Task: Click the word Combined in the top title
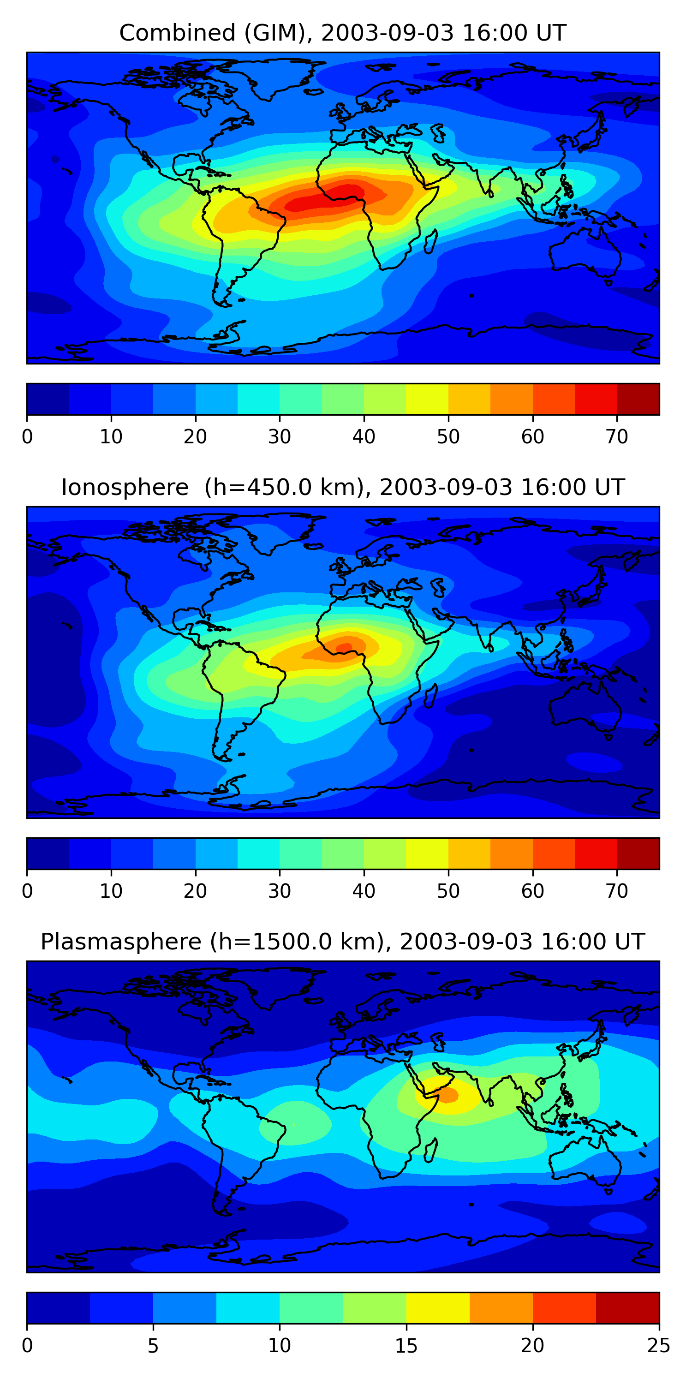pyautogui.click(x=177, y=33)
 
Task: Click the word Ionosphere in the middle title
pyautogui.click(x=125, y=487)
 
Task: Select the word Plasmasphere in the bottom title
pyautogui.click(x=120, y=942)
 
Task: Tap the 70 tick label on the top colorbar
pyautogui.click(x=617, y=437)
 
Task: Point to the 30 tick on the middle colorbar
pyautogui.click(x=280, y=891)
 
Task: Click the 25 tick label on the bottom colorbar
pyautogui.click(x=659, y=1346)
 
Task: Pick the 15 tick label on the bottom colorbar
pyautogui.click(x=406, y=1346)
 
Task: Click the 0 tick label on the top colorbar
pyautogui.click(x=27, y=437)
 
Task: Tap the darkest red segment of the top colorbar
pyautogui.click(x=638, y=399)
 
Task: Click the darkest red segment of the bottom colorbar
pyautogui.click(x=627, y=1308)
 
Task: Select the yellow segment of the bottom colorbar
pyautogui.click(x=438, y=1308)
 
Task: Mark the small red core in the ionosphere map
pyautogui.click(x=344, y=646)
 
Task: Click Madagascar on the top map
pyautogui.click(x=430, y=242)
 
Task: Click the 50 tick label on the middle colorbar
pyautogui.click(x=448, y=891)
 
